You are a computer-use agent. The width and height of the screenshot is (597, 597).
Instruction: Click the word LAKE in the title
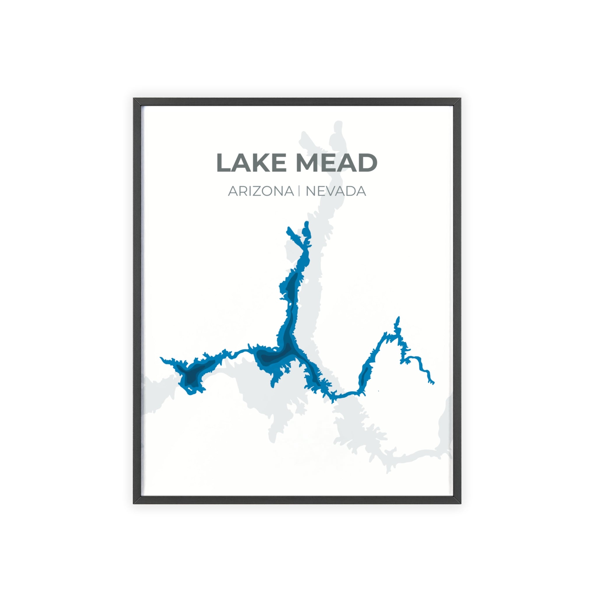pyautogui.click(x=251, y=163)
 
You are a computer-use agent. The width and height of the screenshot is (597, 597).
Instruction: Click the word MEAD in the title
pyautogui.click(x=337, y=163)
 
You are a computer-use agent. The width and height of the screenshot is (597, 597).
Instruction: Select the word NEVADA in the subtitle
pyautogui.click(x=336, y=191)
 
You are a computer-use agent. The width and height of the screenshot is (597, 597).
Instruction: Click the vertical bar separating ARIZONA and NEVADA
pyautogui.click(x=299, y=191)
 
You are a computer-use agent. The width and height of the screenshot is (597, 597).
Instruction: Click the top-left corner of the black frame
pyautogui.click(x=134, y=99)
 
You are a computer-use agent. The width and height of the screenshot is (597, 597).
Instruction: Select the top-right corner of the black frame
pyautogui.click(x=460, y=99)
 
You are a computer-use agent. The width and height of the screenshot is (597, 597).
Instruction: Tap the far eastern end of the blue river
pyautogui.click(x=433, y=383)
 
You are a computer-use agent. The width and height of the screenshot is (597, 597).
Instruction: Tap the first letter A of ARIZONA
pyautogui.click(x=233, y=191)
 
